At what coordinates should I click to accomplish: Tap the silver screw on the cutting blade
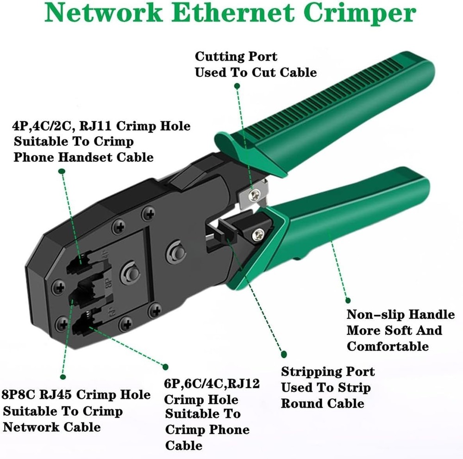click(253, 195)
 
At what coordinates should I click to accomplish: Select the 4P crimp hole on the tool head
click(82, 265)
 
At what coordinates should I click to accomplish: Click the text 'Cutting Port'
click(236, 57)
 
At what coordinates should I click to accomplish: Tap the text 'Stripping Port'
click(328, 372)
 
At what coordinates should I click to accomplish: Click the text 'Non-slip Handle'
click(400, 315)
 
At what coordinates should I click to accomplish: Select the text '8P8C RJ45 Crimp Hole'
click(77, 395)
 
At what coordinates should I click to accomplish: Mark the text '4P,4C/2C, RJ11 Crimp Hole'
click(101, 126)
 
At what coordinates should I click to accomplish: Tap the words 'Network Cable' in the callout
click(52, 426)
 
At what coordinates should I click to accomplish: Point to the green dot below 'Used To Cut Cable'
click(237, 86)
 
